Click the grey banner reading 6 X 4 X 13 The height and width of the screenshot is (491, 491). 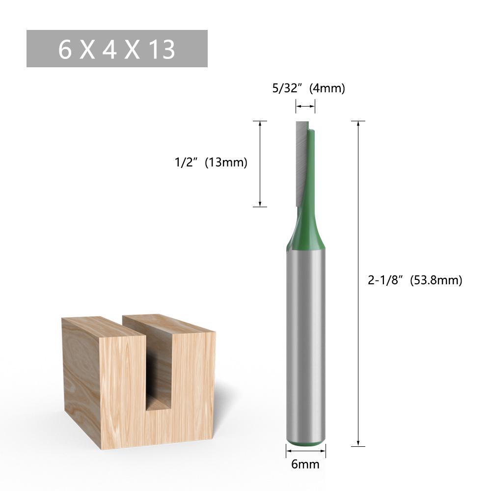point(117,49)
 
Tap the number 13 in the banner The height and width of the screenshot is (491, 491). point(161,50)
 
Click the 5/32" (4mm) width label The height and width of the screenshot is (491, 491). point(309,88)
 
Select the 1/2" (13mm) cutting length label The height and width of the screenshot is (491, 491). point(211,162)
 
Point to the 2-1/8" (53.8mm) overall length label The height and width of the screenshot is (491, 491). point(415,280)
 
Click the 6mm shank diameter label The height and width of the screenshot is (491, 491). point(305,464)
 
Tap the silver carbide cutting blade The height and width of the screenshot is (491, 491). point(301,162)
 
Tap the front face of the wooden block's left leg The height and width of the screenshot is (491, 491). point(123,388)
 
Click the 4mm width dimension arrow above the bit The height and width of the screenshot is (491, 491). point(305,106)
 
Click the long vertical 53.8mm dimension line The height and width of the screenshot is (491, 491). point(358,344)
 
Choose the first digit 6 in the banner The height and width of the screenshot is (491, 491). point(65,50)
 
